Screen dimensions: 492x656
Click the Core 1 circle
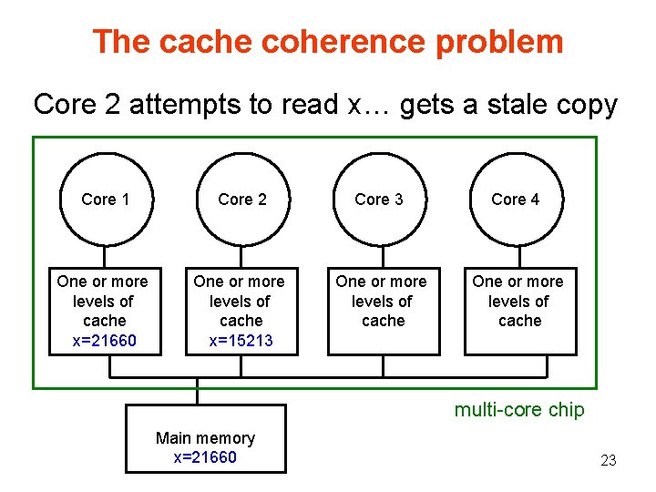[x=105, y=200]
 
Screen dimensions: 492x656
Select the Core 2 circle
[x=241, y=200]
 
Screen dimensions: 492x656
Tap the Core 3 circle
[x=378, y=200]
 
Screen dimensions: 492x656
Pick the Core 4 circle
[x=515, y=200]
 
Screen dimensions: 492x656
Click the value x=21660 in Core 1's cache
[x=104, y=341]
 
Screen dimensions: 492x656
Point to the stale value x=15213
[x=241, y=341]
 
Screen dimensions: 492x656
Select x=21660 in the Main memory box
[x=205, y=457]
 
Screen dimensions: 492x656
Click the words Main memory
[x=205, y=438]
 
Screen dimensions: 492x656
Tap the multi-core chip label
[x=519, y=410]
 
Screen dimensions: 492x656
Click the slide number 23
[x=609, y=461]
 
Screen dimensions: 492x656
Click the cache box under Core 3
[x=383, y=310]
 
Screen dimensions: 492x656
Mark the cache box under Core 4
[x=519, y=310]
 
